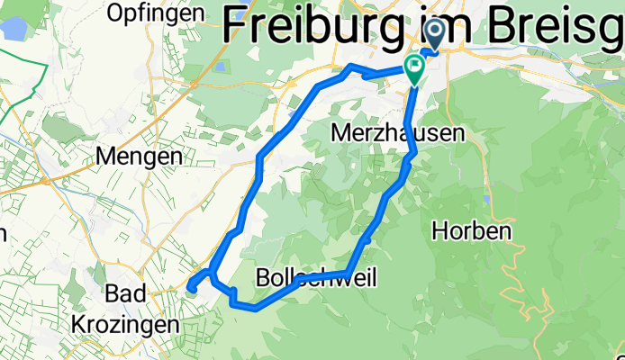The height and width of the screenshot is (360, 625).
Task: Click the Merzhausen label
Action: point(398,132)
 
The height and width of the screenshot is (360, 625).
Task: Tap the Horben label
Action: point(472,230)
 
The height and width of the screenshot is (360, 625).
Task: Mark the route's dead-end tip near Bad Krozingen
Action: point(191,288)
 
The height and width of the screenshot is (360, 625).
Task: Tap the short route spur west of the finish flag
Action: point(365,75)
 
